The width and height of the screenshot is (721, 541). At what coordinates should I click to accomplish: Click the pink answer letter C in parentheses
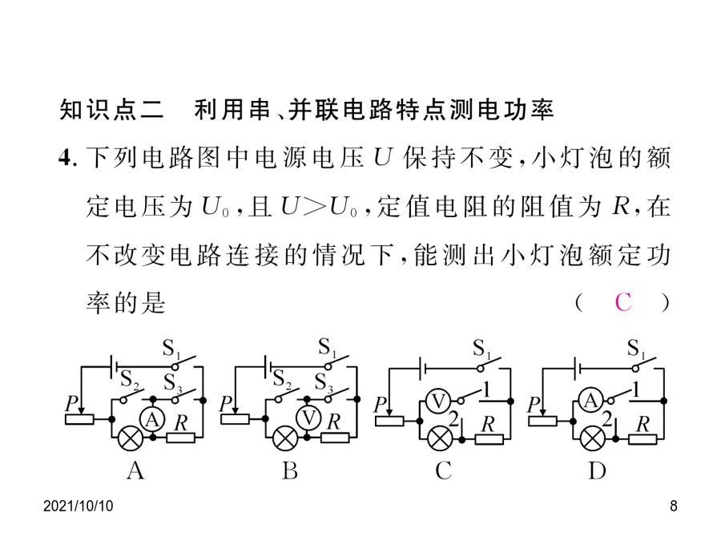click(623, 302)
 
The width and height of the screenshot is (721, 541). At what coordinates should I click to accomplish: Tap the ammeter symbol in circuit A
click(152, 418)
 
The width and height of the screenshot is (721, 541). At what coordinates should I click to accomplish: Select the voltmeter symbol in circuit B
click(308, 418)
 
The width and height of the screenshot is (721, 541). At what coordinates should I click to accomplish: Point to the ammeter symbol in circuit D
click(591, 401)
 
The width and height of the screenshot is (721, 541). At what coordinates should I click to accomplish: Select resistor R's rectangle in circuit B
click(335, 438)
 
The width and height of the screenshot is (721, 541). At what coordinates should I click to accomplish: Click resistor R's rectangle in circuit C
click(489, 439)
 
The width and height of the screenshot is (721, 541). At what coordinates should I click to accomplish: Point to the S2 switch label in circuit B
click(281, 380)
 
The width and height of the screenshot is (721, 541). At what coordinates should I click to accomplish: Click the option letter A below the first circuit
click(135, 470)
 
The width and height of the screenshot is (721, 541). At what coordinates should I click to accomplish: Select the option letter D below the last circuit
click(597, 470)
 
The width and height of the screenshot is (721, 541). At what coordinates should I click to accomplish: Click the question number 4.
click(64, 158)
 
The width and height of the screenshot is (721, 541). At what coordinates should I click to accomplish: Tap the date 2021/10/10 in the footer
click(79, 506)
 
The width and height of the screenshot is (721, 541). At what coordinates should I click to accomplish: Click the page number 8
click(674, 506)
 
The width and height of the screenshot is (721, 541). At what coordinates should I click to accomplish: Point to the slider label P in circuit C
click(380, 405)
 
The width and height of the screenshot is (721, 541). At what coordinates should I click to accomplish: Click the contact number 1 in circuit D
click(636, 390)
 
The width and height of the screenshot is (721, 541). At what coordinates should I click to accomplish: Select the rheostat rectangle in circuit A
click(79, 419)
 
